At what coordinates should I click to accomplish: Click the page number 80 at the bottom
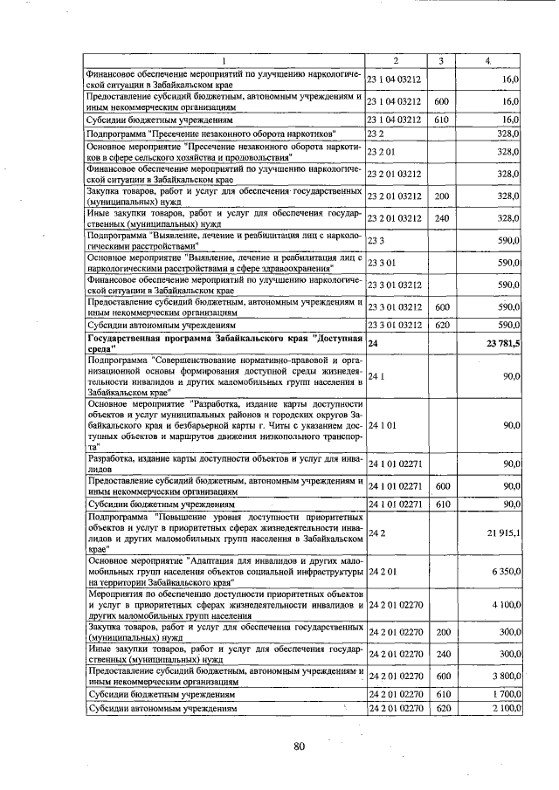pos(299,745)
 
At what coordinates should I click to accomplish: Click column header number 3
pos(441,60)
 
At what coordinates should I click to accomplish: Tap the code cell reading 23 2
pos(376,134)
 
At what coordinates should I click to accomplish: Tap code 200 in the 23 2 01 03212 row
pos(441,196)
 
